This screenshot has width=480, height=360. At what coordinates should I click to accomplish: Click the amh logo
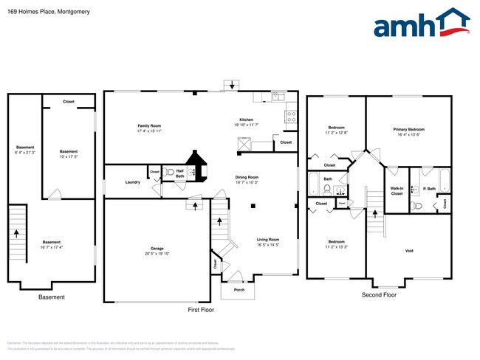421,24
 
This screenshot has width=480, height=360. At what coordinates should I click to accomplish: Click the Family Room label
149,125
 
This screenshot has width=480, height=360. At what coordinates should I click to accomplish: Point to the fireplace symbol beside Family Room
197,165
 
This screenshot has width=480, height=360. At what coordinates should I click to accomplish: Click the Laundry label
133,182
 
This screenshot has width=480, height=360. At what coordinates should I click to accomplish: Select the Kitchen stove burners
291,117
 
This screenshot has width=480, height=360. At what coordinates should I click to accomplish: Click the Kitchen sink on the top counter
278,96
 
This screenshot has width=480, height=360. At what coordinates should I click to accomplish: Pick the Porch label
239,290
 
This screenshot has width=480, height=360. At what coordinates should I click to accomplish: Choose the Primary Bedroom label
408,129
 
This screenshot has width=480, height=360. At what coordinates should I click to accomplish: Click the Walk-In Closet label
397,190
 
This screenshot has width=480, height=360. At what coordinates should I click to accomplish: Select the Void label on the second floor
409,251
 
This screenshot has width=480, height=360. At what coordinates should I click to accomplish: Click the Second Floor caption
379,295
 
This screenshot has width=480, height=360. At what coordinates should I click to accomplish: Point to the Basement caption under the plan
51,297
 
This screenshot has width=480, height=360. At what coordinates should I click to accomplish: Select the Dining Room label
247,177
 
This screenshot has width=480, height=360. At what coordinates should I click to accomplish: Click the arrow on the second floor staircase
374,215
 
